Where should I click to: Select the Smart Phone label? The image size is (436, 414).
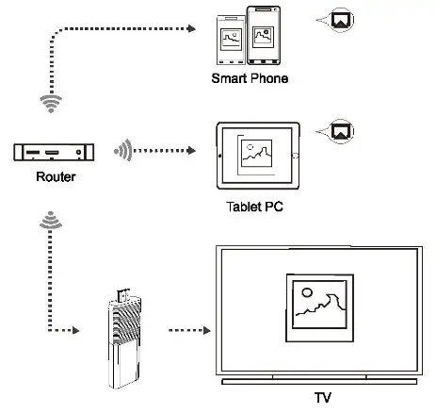tap(249, 78)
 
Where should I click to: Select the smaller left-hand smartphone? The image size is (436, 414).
tap(233, 41)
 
